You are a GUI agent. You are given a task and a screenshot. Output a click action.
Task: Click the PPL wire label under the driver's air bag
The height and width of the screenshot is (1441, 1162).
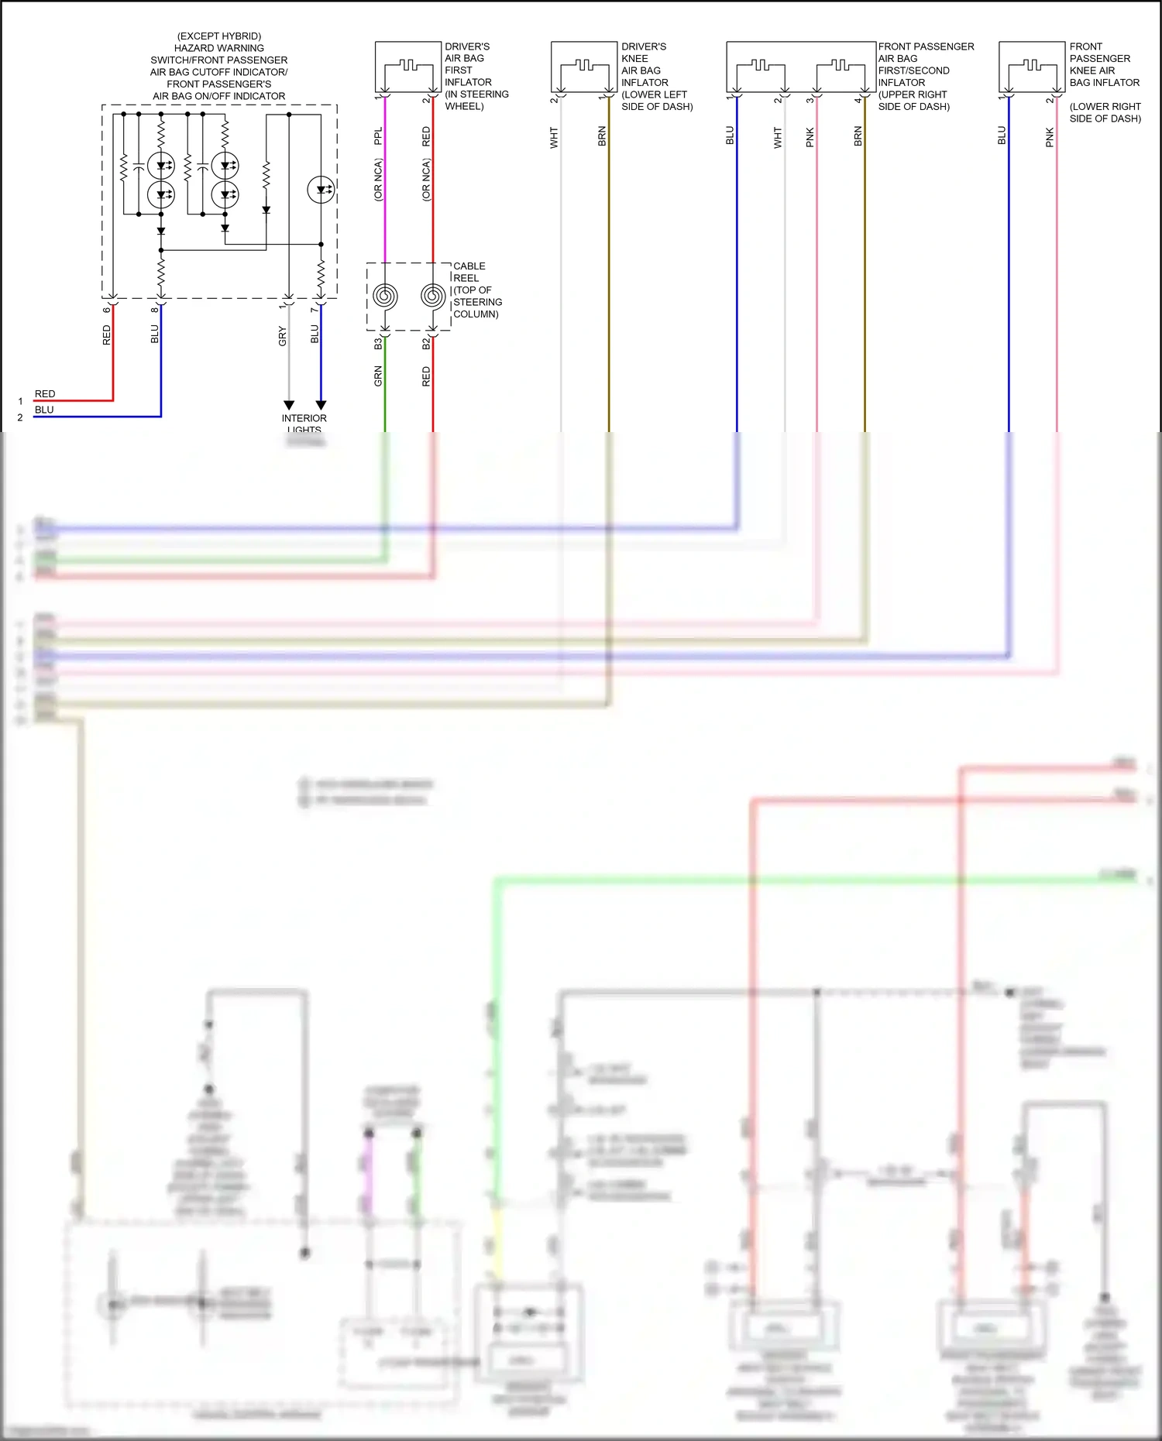(378, 136)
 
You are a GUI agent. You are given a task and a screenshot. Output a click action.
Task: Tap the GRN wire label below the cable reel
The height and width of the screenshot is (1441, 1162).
(378, 376)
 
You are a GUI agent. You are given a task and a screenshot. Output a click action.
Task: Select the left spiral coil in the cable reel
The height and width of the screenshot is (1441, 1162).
(385, 296)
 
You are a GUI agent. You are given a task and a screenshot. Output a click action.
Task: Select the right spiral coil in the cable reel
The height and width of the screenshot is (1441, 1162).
(433, 296)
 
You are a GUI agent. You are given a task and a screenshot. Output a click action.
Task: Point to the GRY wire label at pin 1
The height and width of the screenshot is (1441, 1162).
(283, 336)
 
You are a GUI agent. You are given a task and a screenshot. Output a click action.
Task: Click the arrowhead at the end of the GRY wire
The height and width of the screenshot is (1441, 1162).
(289, 405)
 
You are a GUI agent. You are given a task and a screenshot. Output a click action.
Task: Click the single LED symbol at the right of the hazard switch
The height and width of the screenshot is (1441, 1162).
(321, 190)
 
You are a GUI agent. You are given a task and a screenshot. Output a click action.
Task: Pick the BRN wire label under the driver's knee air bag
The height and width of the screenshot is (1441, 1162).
(602, 137)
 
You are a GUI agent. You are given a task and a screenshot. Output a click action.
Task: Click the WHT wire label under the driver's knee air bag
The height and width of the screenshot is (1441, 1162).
(554, 138)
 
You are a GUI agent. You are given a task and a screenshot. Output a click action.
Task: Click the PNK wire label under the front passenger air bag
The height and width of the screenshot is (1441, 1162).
(810, 138)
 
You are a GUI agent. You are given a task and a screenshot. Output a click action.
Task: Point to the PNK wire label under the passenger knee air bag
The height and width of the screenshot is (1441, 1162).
(1050, 138)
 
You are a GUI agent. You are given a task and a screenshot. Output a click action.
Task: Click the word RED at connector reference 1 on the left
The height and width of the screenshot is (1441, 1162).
(45, 394)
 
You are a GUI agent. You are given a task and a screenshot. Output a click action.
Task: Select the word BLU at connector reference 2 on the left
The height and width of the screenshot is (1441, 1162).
(44, 410)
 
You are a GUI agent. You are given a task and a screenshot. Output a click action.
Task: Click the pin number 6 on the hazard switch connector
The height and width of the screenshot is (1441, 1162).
(107, 310)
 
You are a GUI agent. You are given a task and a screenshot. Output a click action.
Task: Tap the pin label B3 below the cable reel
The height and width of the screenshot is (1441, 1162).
(378, 343)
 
